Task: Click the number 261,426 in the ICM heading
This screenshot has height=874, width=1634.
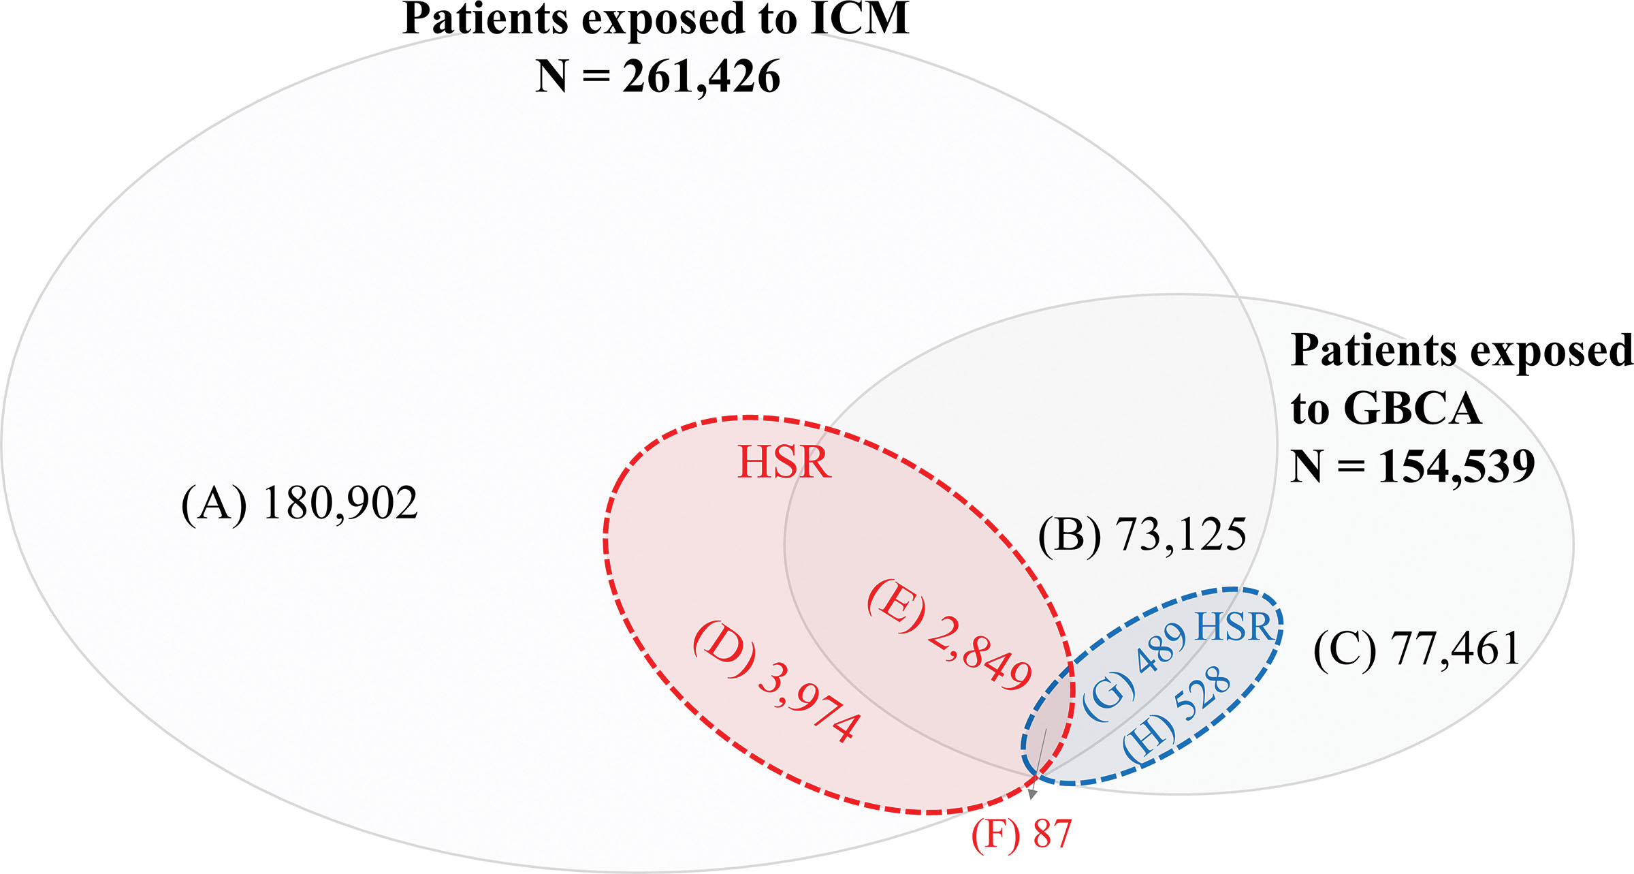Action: pyautogui.click(x=701, y=76)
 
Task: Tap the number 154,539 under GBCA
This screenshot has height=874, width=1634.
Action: pyautogui.click(x=1456, y=467)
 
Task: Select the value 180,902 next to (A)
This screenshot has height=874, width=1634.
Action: pyautogui.click(x=340, y=504)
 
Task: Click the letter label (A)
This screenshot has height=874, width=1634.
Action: pyautogui.click(x=214, y=505)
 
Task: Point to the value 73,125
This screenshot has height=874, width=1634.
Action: pyautogui.click(x=1181, y=534)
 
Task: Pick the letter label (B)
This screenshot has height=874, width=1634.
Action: pyautogui.click(x=1069, y=535)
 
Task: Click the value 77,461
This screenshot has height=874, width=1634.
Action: pyautogui.click(x=1456, y=649)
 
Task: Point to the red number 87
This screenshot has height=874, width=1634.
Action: pyautogui.click(x=1052, y=834)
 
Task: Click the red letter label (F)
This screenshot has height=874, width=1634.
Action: pyautogui.click(x=995, y=835)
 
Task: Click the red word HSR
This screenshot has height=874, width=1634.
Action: pyautogui.click(x=784, y=463)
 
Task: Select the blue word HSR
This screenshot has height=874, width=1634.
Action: pyautogui.click(x=1233, y=627)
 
